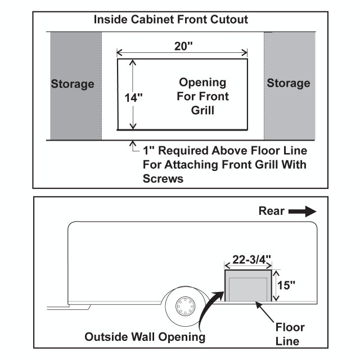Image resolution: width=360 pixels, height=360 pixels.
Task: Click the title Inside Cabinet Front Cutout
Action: point(171,20)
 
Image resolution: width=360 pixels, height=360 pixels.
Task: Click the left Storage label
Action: point(73,84)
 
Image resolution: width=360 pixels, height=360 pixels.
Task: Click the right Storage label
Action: point(288,83)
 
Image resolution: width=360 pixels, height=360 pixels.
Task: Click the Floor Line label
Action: point(290,334)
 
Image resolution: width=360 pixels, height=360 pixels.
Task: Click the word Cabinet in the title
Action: point(151,20)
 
